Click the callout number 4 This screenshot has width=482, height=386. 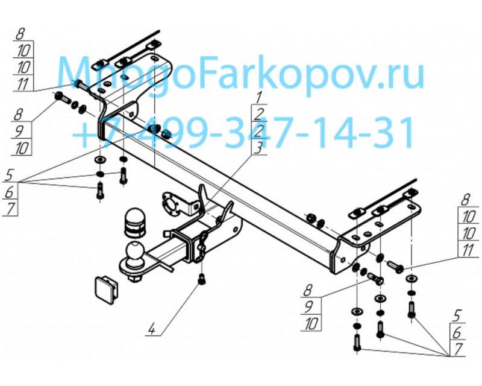(152, 330)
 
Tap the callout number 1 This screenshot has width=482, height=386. (258, 98)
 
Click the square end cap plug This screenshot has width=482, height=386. (106, 291)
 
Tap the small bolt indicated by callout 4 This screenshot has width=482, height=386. (201, 279)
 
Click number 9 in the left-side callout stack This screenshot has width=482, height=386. (19, 131)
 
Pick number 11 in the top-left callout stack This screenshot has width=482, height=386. (22, 84)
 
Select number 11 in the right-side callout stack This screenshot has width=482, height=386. (468, 250)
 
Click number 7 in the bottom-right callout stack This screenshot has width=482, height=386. (458, 349)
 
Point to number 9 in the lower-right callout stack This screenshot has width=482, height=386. (308, 306)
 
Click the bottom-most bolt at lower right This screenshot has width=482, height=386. (357, 343)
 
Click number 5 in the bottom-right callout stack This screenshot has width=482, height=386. (458, 316)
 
